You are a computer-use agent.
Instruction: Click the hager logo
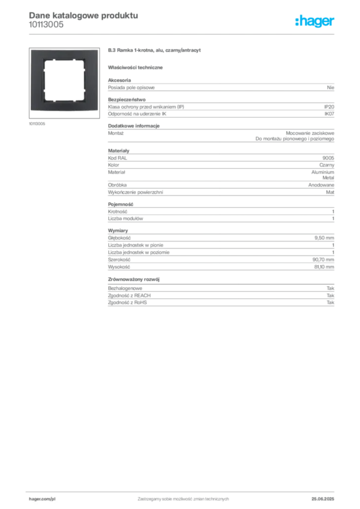[314, 21]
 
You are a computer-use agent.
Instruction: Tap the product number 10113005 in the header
[46, 25]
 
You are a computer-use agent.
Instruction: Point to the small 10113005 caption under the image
[37, 124]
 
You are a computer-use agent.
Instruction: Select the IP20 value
[329, 107]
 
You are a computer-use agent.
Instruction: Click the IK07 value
[329, 114]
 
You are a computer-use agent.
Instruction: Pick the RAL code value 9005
[328, 158]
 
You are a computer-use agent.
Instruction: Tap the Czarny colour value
[327, 165]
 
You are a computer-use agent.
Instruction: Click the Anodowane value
[321, 185]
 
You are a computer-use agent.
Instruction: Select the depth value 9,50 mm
[324, 238]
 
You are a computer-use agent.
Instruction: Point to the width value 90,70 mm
[323, 259]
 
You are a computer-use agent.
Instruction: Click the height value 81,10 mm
[324, 267]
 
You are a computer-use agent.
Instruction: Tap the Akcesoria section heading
[119, 80]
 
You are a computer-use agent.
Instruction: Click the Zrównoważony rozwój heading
[134, 279]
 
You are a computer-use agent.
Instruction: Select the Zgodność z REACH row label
[129, 295]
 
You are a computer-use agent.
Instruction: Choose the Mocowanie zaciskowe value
[310, 133]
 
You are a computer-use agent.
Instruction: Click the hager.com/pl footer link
[42, 499]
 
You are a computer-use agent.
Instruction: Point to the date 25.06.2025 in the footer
[323, 499]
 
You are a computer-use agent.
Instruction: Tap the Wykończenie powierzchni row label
[135, 192]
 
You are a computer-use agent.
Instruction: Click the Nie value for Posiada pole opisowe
[331, 87]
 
